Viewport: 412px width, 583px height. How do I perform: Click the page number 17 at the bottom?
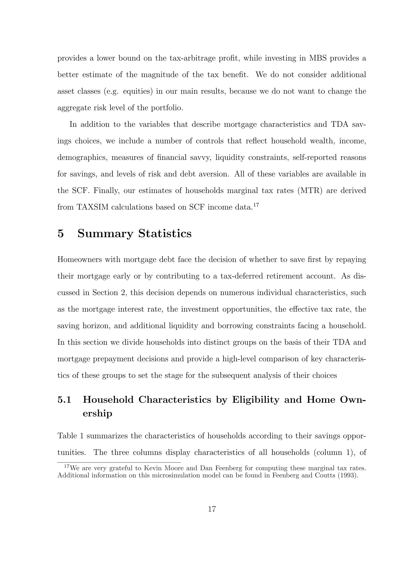tap(212, 509)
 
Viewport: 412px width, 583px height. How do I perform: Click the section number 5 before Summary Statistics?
tap(61, 234)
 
